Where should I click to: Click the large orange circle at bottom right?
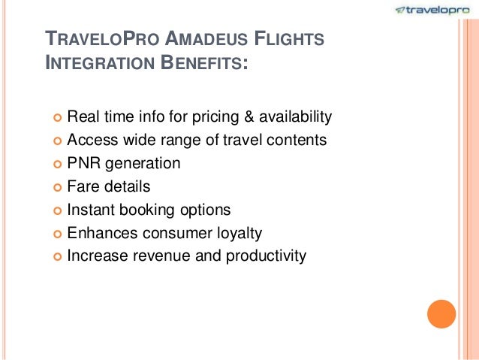[441, 313]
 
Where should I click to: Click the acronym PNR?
[83, 163]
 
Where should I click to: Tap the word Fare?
[83, 186]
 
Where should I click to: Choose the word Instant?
[91, 210]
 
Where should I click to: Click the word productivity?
[262, 256]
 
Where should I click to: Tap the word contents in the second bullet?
[299, 140]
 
